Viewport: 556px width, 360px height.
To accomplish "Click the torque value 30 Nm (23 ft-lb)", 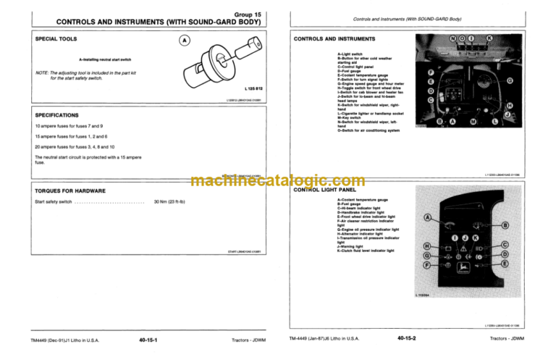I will [171, 202].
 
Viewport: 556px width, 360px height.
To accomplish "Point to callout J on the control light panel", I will [464, 238].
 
